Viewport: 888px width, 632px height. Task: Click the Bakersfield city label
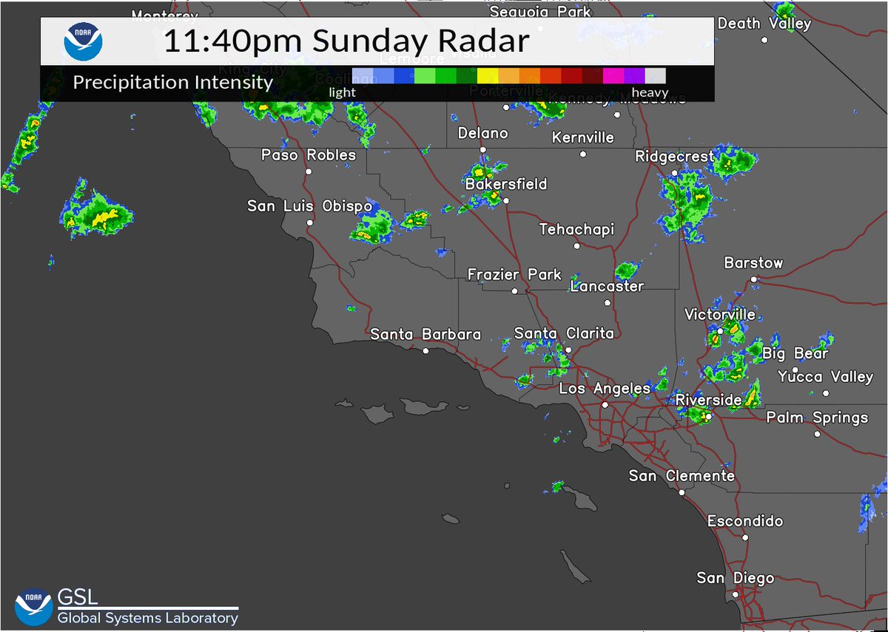tap(506, 184)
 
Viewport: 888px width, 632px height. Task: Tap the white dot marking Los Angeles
tap(605, 405)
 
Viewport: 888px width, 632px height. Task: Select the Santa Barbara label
tap(425, 335)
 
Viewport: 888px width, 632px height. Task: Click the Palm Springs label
tap(817, 418)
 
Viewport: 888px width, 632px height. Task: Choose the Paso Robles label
tap(309, 155)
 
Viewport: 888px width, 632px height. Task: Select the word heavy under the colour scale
tap(649, 93)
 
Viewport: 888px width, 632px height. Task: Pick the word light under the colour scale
tap(343, 93)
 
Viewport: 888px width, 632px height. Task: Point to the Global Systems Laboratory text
tap(147, 618)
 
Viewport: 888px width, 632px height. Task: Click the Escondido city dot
tap(746, 537)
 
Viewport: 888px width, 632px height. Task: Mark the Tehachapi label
tap(576, 230)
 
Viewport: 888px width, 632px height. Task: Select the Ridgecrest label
tap(675, 157)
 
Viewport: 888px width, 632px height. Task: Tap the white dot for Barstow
tap(753, 279)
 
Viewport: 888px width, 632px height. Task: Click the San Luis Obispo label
tap(309, 206)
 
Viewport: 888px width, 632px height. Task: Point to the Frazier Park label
tap(514, 275)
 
